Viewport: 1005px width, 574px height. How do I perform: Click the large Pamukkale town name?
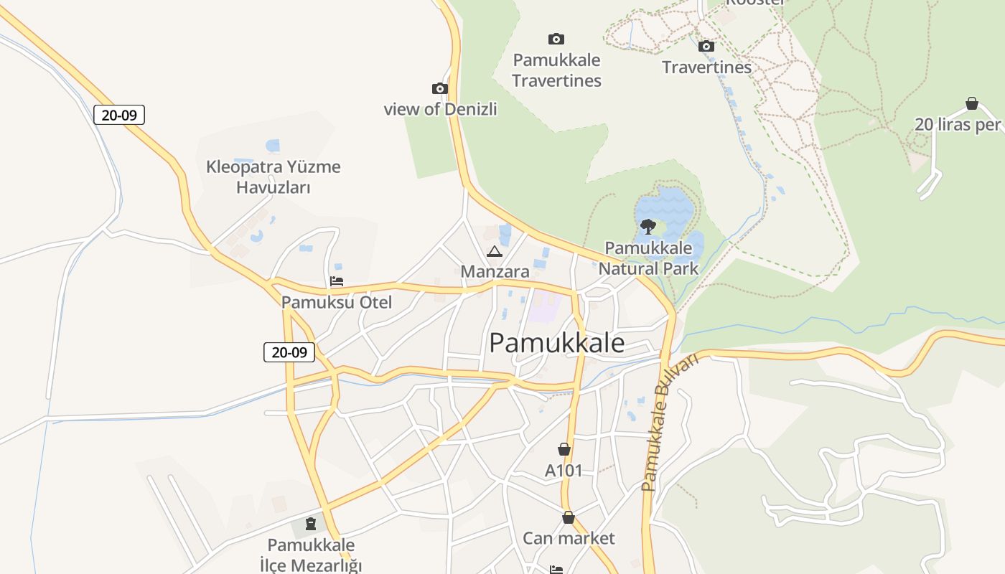pos(556,343)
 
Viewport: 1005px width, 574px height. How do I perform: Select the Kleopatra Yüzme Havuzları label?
pos(274,177)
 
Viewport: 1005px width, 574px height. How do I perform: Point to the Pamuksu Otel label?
pos(337,302)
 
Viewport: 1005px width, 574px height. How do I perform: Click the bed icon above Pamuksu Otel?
pos(336,281)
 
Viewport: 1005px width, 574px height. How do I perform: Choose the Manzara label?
pos(495,272)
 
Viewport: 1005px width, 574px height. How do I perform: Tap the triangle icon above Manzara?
pos(494,252)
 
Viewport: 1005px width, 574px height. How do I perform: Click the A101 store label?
pos(564,471)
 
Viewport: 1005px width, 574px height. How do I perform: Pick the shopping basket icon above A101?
pos(564,450)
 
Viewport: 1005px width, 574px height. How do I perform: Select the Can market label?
pos(569,538)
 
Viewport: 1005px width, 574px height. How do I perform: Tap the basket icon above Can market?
pos(569,517)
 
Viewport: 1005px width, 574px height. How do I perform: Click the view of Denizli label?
pos(440,110)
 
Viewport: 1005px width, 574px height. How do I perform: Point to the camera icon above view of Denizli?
pos(440,89)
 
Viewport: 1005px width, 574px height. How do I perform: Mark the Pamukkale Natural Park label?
pos(648,258)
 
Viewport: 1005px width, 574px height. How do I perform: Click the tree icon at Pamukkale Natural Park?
pos(648,227)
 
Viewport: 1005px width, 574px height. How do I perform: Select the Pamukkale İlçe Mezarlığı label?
pos(311,555)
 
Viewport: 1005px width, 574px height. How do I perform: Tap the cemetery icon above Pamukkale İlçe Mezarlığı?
pos(311,524)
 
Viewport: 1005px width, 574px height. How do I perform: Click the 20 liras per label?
pos(958,125)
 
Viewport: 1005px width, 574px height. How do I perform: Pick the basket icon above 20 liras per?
pos(972,104)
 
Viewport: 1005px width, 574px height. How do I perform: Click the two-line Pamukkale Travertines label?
pos(556,70)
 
